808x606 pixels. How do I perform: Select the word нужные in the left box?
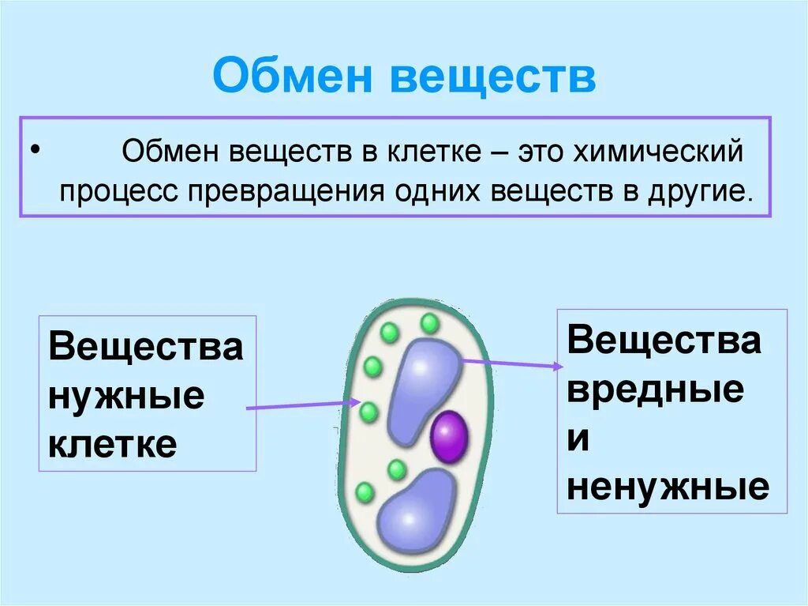(126, 395)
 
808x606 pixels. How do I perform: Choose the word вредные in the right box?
(655, 390)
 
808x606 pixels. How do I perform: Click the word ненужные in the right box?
(668, 487)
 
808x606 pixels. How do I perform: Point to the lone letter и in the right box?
(578, 439)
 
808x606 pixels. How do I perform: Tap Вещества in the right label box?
(664, 341)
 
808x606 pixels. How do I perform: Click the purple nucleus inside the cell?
(449, 435)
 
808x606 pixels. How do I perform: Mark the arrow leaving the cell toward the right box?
(513, 363)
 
